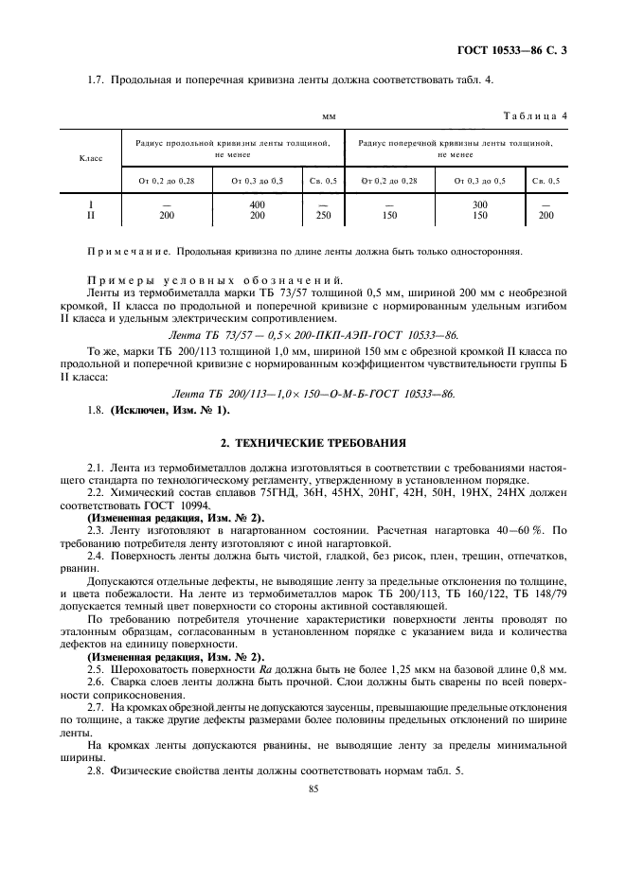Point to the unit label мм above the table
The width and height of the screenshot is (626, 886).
tap(329, 116)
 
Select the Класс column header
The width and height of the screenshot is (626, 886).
tap(91, 159)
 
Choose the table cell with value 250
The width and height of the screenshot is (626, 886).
tap(323, 216)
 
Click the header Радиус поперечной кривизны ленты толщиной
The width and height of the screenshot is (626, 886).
tap(455, 142)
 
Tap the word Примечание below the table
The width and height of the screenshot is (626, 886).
tap(128, 252)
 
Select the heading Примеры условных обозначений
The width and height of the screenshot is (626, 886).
tap(214, 281)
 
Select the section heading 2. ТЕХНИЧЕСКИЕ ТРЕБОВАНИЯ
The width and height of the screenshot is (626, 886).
tap(299, 441)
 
